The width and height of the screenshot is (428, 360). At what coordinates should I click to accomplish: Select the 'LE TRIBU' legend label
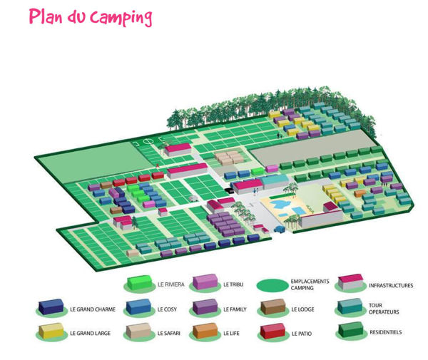click(233, 284)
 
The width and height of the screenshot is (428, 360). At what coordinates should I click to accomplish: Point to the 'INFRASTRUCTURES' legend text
click(391, 285)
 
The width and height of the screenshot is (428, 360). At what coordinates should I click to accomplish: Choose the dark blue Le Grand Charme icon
click(51, 309)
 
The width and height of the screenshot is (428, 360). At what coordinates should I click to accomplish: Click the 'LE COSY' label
click(166, 309)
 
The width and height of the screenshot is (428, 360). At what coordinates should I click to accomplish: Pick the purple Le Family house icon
click(205, 309)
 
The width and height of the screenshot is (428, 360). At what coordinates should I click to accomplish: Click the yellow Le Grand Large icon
click(51, 332)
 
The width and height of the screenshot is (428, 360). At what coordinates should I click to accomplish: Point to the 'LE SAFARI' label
click(169, 333)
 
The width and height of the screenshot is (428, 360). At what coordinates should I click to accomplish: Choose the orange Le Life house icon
click(205, 331)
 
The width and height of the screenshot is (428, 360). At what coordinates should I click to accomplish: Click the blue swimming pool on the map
click(284, 209)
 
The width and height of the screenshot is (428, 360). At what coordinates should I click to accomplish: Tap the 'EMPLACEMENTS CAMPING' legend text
click(311, 284)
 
